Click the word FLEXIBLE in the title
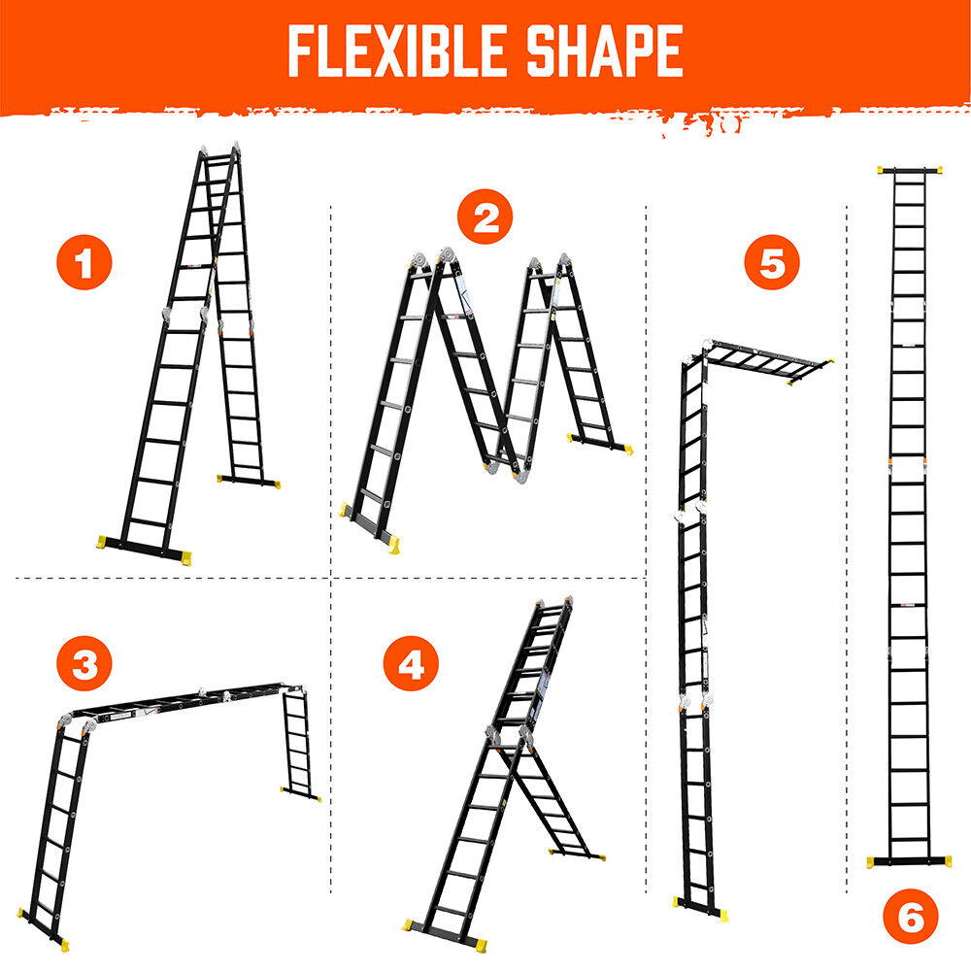(x=397, y=50)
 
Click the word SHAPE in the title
(x=604, y=50)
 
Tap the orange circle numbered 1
(x=84, y=262)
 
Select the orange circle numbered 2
(x=485, y=217)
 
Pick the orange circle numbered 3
(x=84, y=663)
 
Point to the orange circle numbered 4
(x=411, y=663)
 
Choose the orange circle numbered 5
(x=772, y=262)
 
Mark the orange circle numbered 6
(x=911, y=917)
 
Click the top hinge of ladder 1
(x=219, y=151)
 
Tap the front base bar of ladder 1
(x=145, y=550)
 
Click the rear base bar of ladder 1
(x=249, y=481)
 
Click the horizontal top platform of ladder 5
(x=768, y=361)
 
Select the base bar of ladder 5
(x=700, y=908)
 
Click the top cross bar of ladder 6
(x=910, y=170)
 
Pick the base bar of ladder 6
(x=909, y=861)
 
